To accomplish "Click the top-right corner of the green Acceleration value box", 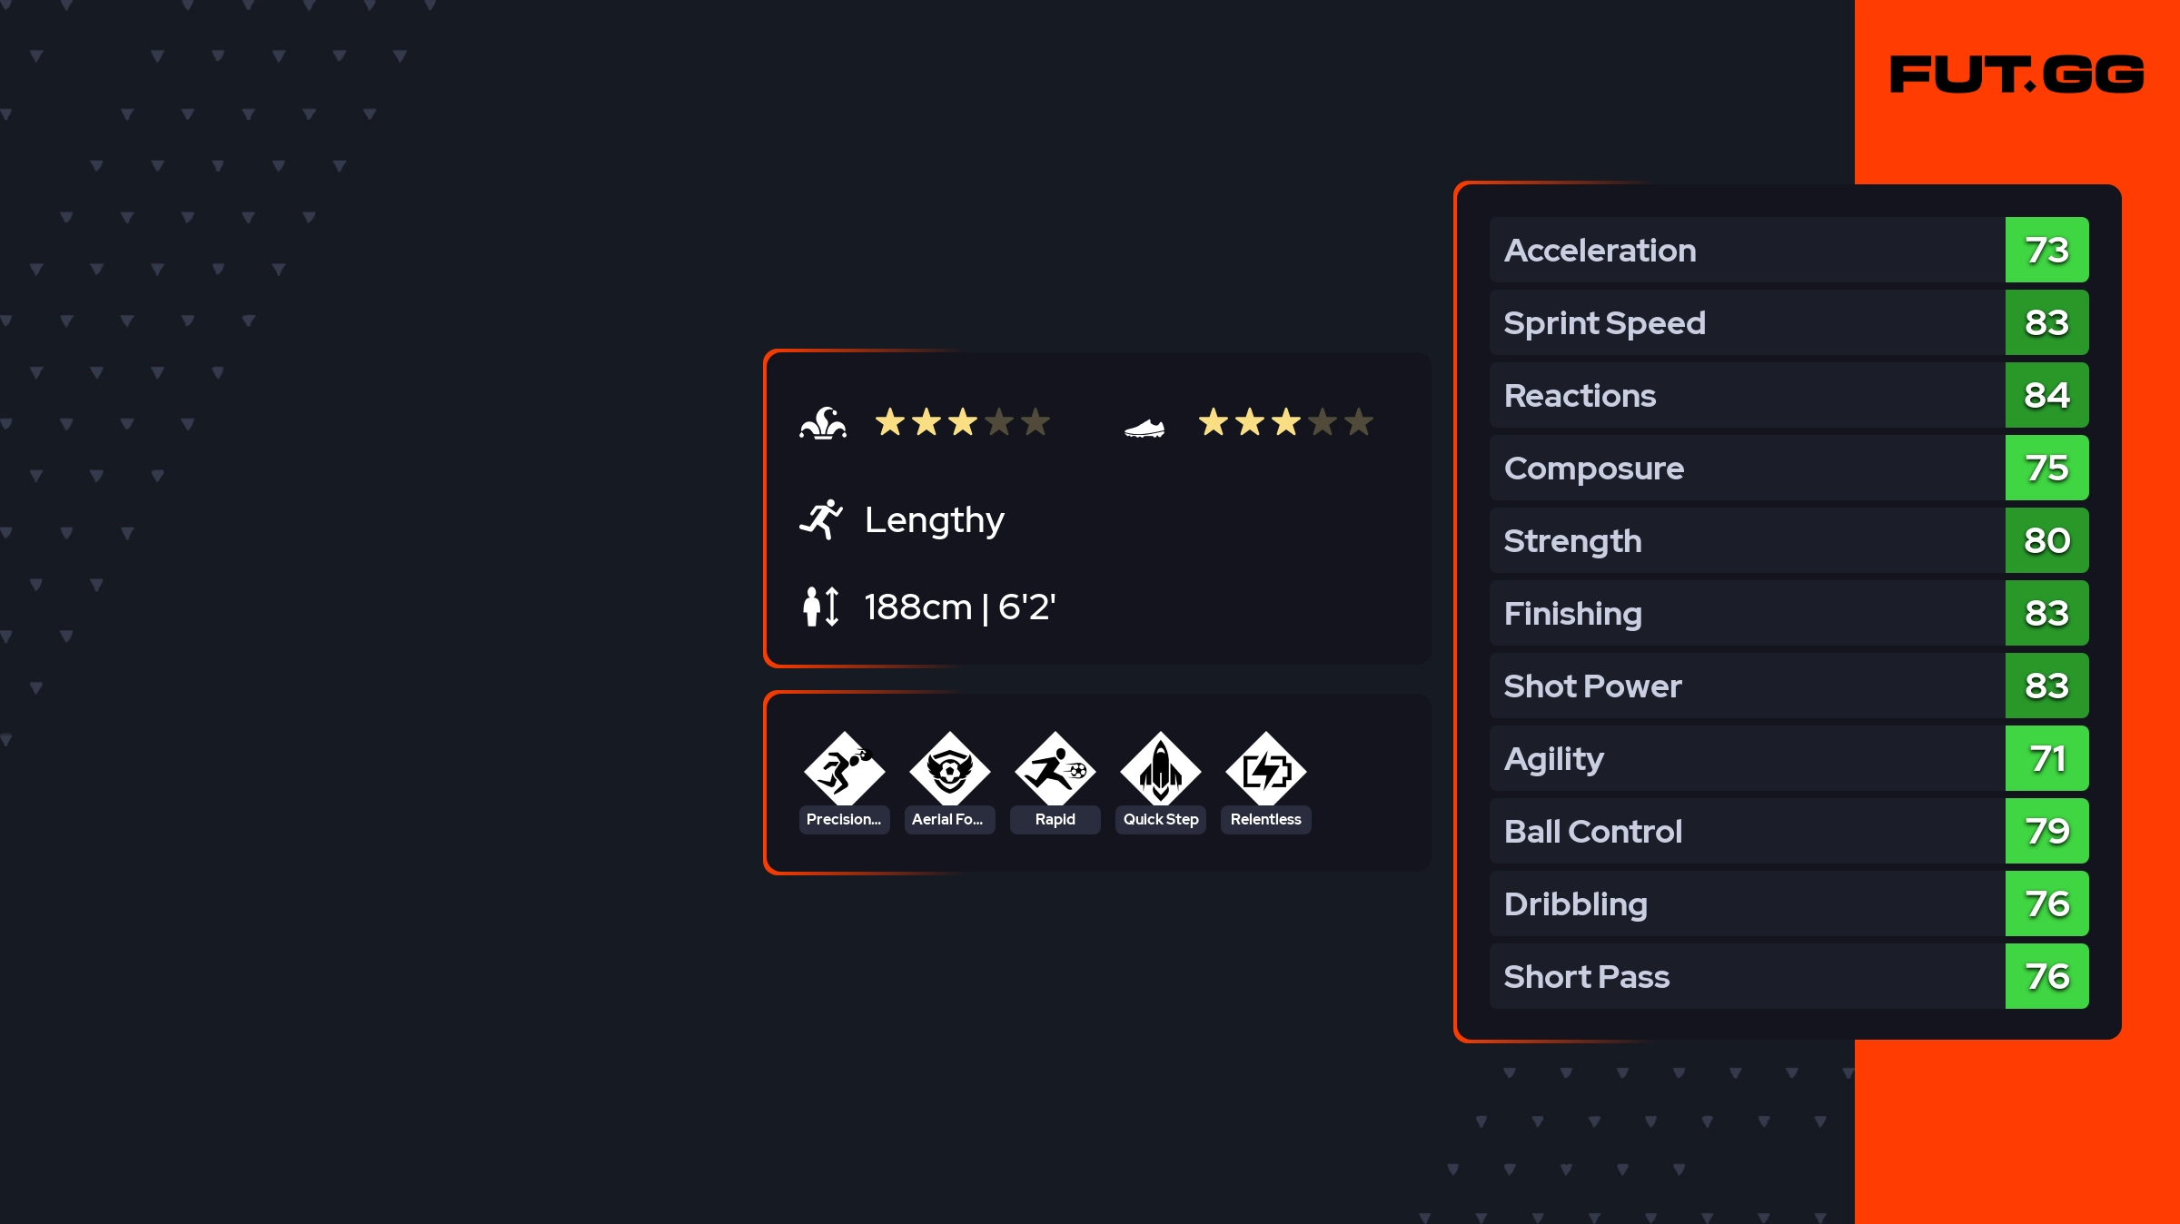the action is pos(2088,218).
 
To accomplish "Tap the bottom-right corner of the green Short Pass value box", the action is pos(2088,1008).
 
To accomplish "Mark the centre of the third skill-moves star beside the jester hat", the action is pos(963,422).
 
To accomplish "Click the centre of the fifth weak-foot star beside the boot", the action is pos(1359,422).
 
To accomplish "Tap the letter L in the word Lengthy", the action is pos(874,519).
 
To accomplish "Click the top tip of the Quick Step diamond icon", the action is pos(1161,732).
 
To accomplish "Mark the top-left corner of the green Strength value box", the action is pos(2007,508).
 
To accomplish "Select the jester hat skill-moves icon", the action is pos(823,423).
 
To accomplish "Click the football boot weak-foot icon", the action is pos(1144,428).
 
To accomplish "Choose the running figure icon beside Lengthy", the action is pos(821,519).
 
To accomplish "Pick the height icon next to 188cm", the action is pos(821,607).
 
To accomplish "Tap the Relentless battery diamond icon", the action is pos(1266,770).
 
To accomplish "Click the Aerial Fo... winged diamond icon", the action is pos(950,770).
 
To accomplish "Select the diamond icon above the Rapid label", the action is pos(1055,770).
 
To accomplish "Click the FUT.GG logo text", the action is pos(2016,74).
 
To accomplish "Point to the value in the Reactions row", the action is pos(2047,396).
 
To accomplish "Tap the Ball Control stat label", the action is pos(1593,832).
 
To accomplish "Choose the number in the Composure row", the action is pos(2047,469).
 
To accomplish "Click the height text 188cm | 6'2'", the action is pos(960,607).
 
